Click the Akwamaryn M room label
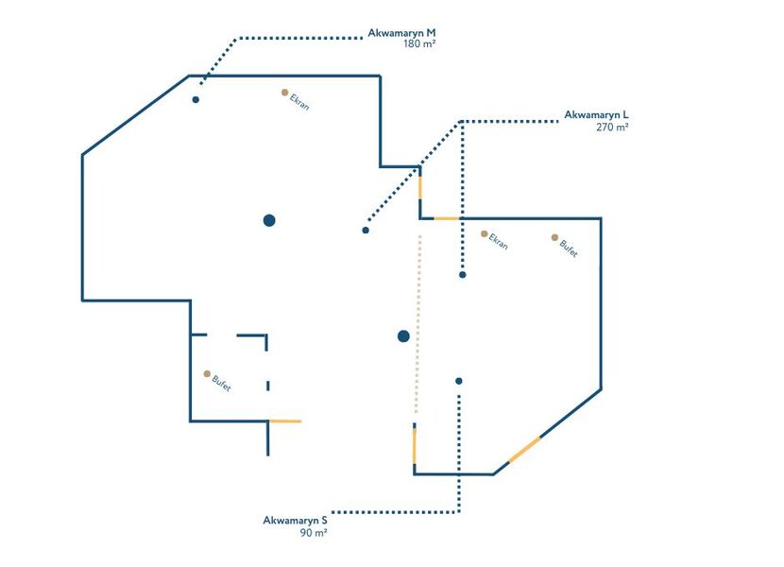(x=401, y=32)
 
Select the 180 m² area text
(x=418, y=44)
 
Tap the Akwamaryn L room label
(x=596, y=114)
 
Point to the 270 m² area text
(x=612, y=127)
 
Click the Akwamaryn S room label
(x=296, y=520)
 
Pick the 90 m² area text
(x=314, y=533)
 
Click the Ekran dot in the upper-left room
(x=284, y=93)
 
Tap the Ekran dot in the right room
(x=485, y=233)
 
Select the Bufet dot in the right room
(x=555, y=237)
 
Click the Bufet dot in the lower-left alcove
(x=207, y=373)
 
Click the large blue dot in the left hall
(x=269, y=220)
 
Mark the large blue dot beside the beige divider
(x=403, y=335)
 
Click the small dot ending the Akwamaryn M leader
(x=196, y=99)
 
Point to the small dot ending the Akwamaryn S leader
(x=459, y=381)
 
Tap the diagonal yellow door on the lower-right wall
(x=524, y=450)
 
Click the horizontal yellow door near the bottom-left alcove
(x=285, y=421)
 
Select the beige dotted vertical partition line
(x=418, y=321)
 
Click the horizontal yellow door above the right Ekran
(x=446, y=218)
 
